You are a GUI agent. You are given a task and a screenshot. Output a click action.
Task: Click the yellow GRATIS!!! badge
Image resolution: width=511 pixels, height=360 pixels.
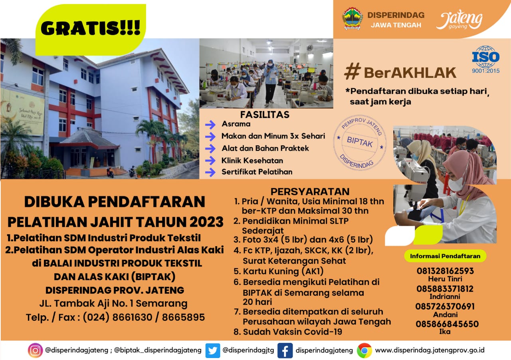click(x=91, y=30)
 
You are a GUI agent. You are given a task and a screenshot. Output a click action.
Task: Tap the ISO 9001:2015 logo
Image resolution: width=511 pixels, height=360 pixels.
click(x=486, y=60)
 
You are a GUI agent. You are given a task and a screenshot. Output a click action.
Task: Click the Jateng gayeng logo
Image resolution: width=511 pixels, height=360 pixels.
click(x=459, y=20)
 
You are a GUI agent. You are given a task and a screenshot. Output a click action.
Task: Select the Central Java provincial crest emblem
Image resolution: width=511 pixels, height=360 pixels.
click(x=353, y=19)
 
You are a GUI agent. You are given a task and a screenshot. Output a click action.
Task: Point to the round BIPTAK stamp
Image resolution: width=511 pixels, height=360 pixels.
click(x=360, y=143)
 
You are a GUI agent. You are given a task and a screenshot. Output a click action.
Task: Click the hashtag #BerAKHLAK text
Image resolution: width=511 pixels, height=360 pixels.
click(x=400, y=72)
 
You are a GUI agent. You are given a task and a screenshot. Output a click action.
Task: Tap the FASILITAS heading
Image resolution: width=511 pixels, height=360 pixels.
click(x=265, y=115)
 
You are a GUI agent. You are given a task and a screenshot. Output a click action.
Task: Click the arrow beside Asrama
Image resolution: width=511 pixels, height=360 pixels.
click(x=210, y=125)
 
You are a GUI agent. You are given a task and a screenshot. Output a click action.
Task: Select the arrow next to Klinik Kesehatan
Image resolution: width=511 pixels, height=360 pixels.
click(x=210, y=161)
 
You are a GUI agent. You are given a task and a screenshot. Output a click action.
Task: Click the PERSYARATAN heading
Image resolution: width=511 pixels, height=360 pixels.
click(x=310, y=191)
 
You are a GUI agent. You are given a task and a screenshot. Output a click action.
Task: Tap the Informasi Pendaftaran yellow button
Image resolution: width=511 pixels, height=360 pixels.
click(x=445, y=256)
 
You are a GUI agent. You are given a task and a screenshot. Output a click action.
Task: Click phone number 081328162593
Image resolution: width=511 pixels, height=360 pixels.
click(x=445, y=271)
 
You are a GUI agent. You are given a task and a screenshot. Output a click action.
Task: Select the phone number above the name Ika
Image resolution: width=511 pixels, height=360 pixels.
click(x=447, y=324)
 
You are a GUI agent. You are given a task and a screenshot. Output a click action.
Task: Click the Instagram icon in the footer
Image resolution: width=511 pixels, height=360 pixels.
click(x=35, y=350)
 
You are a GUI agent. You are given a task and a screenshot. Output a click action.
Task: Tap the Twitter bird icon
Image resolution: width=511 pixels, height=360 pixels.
click(x=213, y=350)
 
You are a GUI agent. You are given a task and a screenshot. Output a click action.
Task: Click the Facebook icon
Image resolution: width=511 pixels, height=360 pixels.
click(x=285, y=350)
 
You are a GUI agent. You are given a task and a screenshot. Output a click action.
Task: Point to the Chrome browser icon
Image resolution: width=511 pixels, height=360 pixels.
click(x=364, y=350)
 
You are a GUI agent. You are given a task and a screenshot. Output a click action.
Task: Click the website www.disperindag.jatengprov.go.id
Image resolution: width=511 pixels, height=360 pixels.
click(x=430, y=350)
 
